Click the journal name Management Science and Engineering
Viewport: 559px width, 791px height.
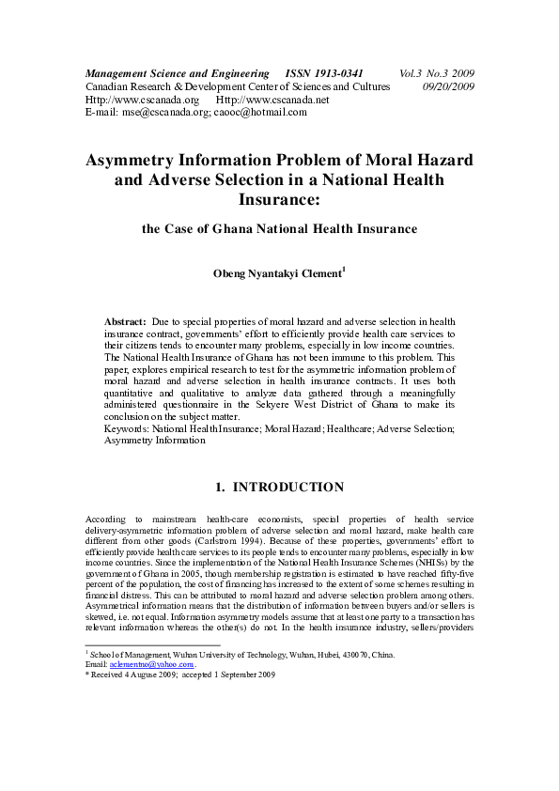170,72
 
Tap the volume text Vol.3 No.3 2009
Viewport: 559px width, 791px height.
436,72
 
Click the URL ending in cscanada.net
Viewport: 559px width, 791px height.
272,99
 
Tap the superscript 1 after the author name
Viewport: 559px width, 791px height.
344,269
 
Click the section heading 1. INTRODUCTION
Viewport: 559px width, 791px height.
279,487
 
